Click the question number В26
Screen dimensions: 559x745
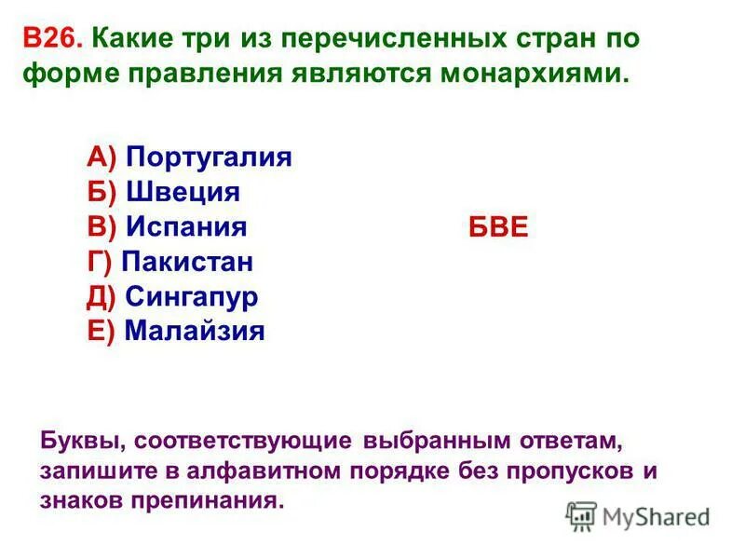pyautogui.click(x=54, y=40)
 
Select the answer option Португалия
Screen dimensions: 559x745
pyautogui.click(x=210, y=156)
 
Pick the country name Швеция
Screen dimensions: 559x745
pyautogui.click(x=183, y=191)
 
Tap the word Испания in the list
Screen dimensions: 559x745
pyautogui.click(x=186, y=226)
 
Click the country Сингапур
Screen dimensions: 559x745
pyautogui.click(x=191, y=296)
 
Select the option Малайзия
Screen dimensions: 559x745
pyautogui.click(x=195, y=331)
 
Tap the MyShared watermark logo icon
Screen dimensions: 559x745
pyautogui.click(x=581, y=516)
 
